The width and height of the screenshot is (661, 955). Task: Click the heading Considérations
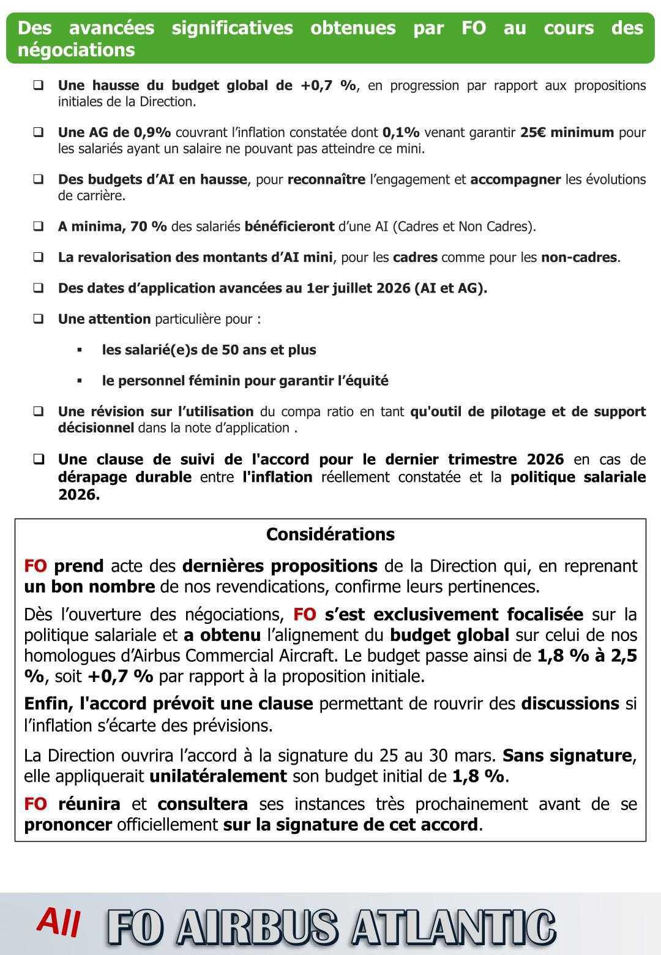[x=330, y=534]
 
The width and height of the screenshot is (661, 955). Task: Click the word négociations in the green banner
[x=76, y=50]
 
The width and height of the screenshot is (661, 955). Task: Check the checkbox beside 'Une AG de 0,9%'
[x=39, y=132]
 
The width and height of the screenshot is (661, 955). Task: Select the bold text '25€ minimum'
[x=567, y=132]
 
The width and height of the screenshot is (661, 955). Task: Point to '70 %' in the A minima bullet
[x=149, y=227]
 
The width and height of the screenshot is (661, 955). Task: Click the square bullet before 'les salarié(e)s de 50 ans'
[x=80, y=350]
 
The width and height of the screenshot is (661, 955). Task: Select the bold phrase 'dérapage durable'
[x=125, y=477]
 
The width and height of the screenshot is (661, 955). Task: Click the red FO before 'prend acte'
[x=35, y=566]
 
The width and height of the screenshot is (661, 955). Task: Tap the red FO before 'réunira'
[x=35, y=804]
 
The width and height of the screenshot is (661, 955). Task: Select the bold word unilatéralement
[x=218, y=776]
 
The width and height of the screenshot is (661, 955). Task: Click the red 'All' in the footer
[x=59, y=923]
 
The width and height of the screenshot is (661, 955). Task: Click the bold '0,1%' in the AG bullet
[x=401, y=132]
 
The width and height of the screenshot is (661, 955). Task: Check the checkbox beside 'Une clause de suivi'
[x=39, y=459]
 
